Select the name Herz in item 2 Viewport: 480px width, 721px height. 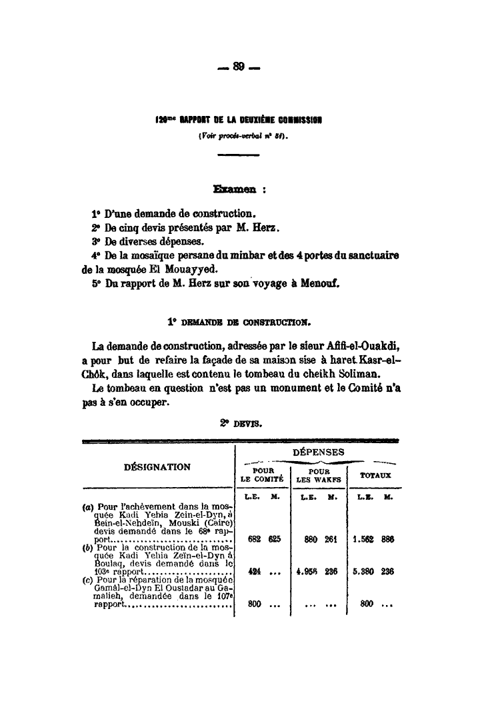265,228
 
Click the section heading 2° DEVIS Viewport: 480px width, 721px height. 239,422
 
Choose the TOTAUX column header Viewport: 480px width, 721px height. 376,476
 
